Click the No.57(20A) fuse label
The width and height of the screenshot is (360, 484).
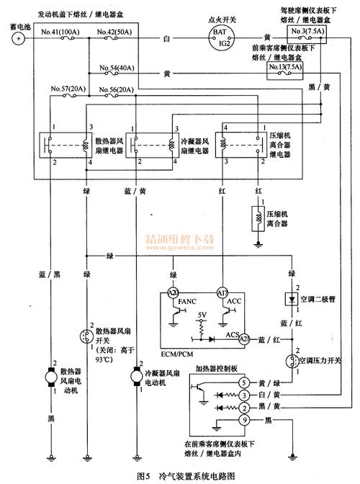[68, 89]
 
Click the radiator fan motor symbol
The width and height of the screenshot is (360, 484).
[50, 375]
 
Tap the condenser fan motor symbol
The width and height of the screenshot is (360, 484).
[135, 375]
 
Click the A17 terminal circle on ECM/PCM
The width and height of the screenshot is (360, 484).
[221, 293]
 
